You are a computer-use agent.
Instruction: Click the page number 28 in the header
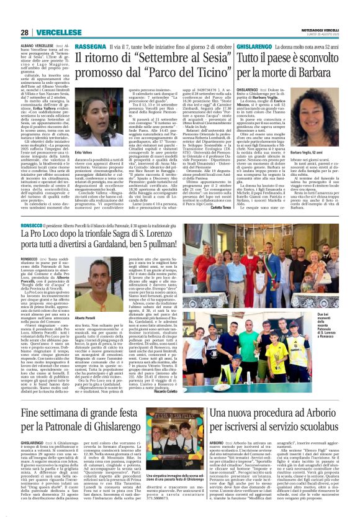(x=25, y=31)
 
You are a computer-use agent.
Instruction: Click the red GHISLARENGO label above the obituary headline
(x=234, y=47)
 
